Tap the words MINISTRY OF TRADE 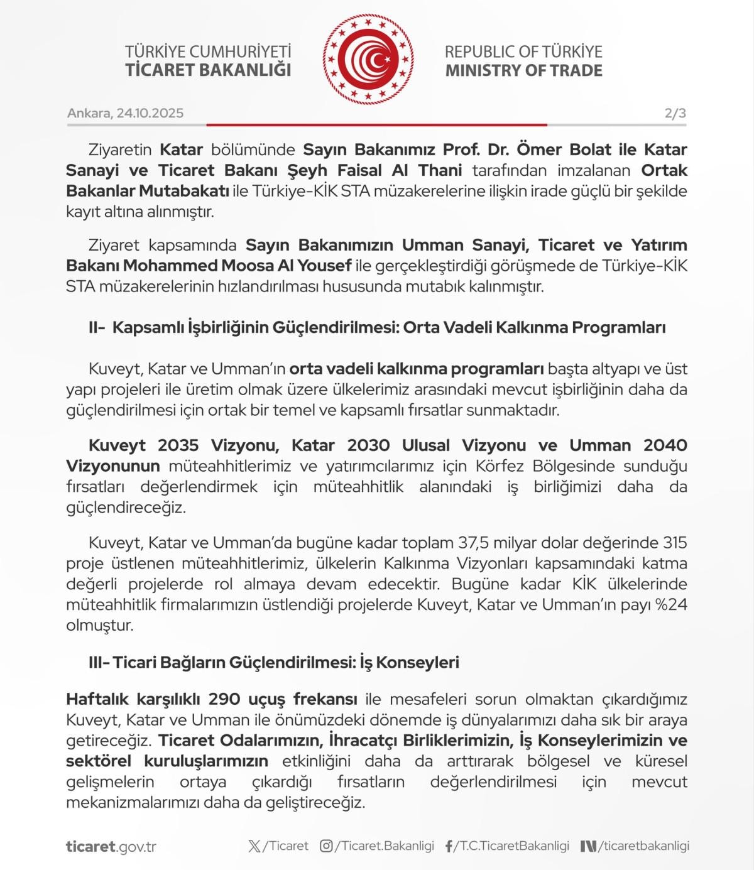click(523, 70)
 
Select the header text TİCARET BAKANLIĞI click(208, 70)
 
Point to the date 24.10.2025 click(150, 113)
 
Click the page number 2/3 click(675, 113)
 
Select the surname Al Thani click(433, 170)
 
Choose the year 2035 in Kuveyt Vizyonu click(178, 445)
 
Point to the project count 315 click(675, 542)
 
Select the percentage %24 click(672, 604)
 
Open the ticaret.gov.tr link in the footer click(111, 846)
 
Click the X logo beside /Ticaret click(254, 846)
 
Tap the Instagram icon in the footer click(326, 846)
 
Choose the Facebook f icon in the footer click(449, 846)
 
